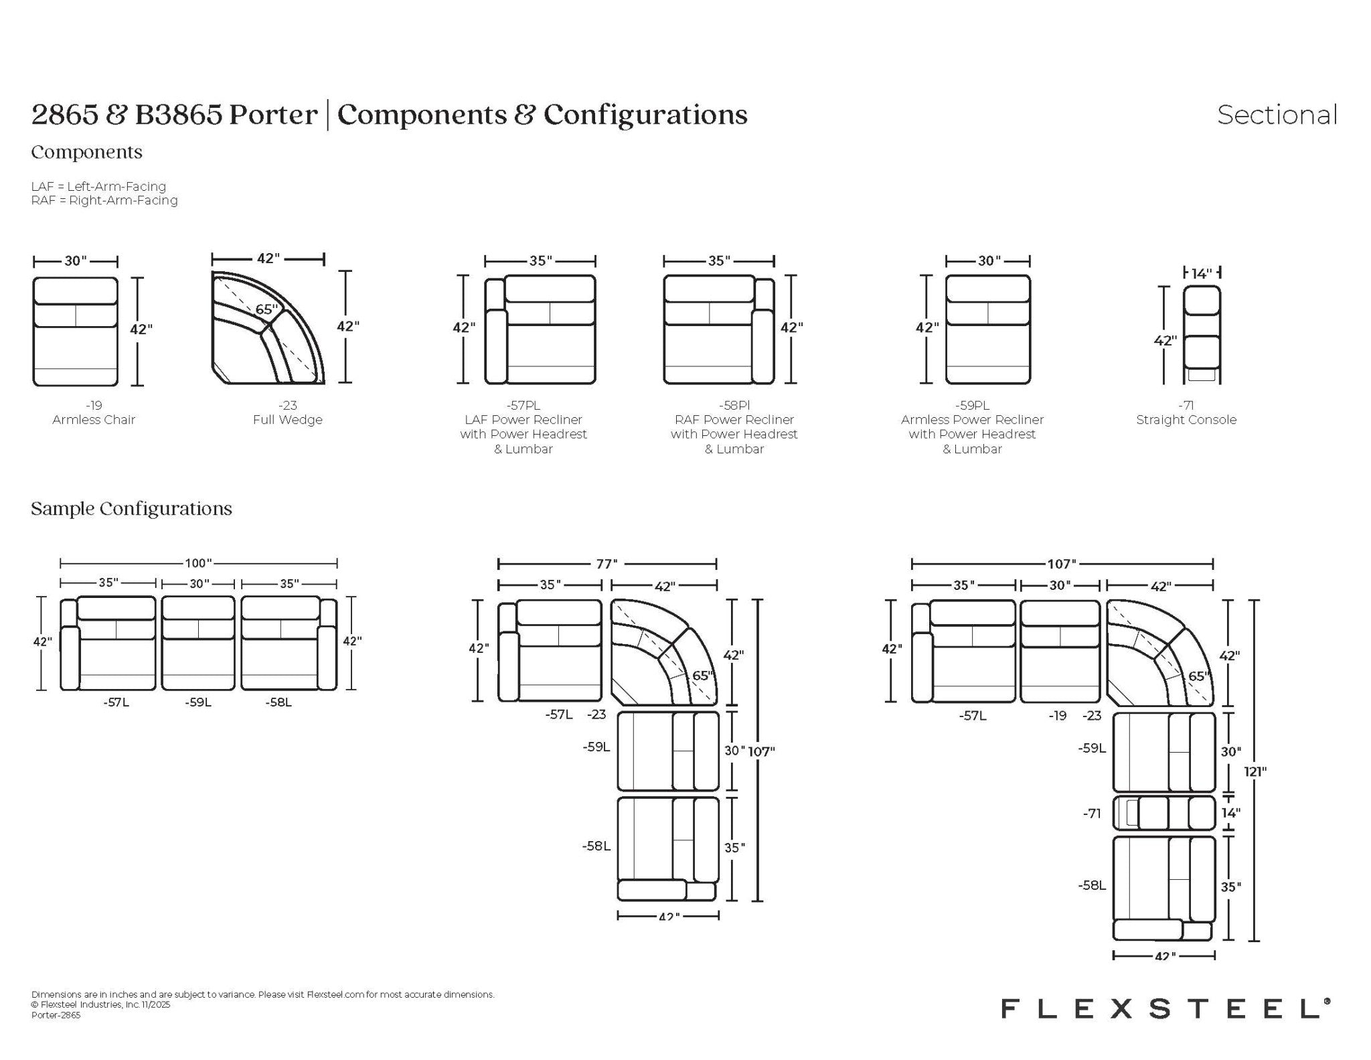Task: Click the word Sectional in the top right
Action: (1277, 115)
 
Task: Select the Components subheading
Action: (86, 153)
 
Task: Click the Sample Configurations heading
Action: (131, 509)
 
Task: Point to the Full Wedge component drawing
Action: (268, 327)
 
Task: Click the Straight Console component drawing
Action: (1202, 335)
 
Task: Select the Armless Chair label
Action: (94, 420)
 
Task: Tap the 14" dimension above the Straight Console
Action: (1202, 273)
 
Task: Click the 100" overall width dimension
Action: (198, 563)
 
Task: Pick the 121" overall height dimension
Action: (1255, 771)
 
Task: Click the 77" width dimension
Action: (607, 564)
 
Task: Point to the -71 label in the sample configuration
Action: (1092, 814)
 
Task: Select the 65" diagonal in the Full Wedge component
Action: (266, 309)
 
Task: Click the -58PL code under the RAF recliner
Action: (734, 405)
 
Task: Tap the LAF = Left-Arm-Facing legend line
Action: (98, 186)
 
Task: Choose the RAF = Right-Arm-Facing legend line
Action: (104, 200)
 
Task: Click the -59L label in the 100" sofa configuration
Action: (198, 702)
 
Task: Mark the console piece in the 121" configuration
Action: (1164, 813)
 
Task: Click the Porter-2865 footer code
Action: (56, 1015)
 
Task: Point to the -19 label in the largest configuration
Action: (1058, 716)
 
